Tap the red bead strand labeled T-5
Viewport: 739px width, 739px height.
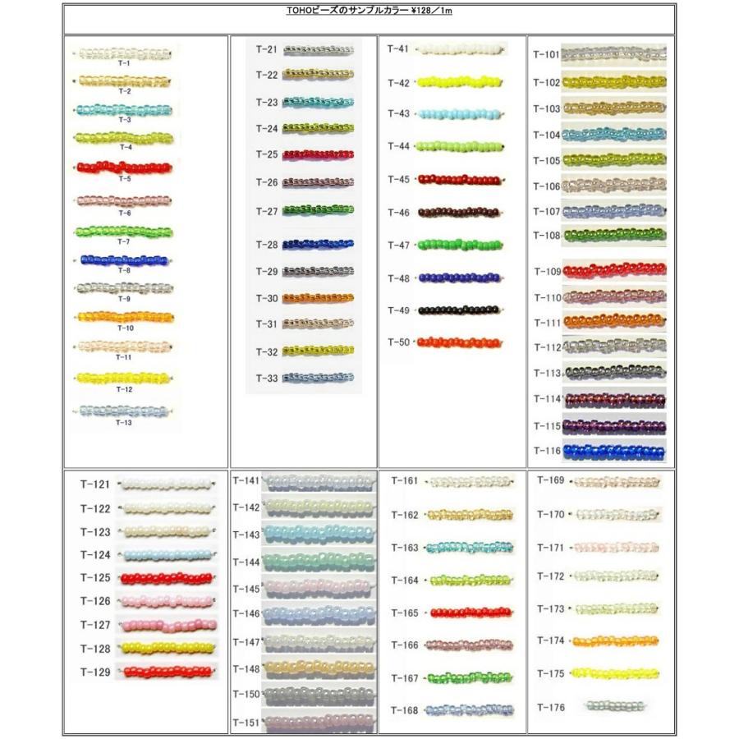pyautogui.click(x=124, y=167)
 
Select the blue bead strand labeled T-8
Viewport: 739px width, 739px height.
pyautogui.click(x=124, y=260)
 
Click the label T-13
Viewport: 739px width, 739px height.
pyautogui.click(x=124, y=423)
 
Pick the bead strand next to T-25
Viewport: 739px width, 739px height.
pyautogui.click(x=318, y=154)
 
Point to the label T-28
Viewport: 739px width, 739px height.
pyautogui.click(x=267, y=245)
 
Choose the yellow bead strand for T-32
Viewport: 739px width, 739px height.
pyautogui.click(x=318, y=351)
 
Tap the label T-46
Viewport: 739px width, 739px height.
pyautogui.click(x=398, y=213)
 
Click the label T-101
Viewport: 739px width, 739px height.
pyautogui.click(x=546, y=56)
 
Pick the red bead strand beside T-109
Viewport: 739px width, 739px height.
pyautogui.click(x=614, y=270)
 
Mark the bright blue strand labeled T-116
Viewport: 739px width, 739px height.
pyautogui.click(x=614, y=451)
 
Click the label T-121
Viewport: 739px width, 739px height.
pyautogui.click(x=95, y=484)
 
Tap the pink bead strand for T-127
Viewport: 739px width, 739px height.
pyautogui.click(x=168, y=626)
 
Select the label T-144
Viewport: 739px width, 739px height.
pyautogui.click(x=246, y=562)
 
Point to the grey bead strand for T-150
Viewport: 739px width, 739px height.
pyautogui.click(x=319, y=695)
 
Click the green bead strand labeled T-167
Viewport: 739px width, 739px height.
pyautogui.click(x=470, y=678)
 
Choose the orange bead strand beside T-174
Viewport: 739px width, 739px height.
pyautogui.click(x=616, y=641)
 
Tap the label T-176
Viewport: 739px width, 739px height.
pyautogui.click(x=551, y=708)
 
